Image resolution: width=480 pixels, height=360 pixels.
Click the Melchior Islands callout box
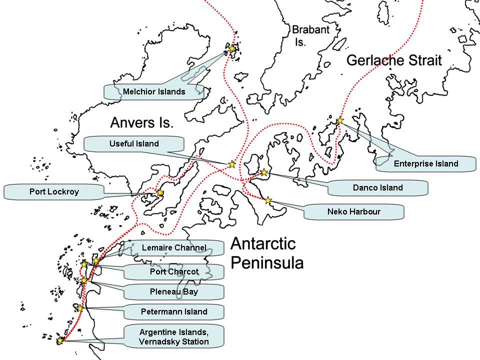154,91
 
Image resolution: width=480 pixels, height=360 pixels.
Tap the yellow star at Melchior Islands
232,48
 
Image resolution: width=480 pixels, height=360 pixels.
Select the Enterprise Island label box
426,163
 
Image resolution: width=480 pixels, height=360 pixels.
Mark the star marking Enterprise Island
340,120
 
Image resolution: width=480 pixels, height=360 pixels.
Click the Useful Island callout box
134,144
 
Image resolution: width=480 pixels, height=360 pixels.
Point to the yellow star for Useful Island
232,164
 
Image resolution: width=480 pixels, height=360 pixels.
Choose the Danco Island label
377,188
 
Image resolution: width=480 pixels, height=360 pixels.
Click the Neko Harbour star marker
268,200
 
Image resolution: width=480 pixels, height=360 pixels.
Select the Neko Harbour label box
353,211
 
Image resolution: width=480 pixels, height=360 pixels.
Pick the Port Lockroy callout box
54,191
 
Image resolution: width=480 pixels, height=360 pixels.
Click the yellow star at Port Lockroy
160,192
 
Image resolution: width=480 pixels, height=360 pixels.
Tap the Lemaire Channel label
174,247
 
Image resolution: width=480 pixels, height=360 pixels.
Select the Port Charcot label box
174,272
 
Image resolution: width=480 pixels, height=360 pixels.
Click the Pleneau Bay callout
174,292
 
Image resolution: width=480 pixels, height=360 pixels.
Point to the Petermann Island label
174,312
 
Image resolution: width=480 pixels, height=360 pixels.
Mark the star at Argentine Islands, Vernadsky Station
60,340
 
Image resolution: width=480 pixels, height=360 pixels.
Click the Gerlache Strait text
394,61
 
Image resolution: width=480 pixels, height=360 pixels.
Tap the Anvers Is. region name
141,122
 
